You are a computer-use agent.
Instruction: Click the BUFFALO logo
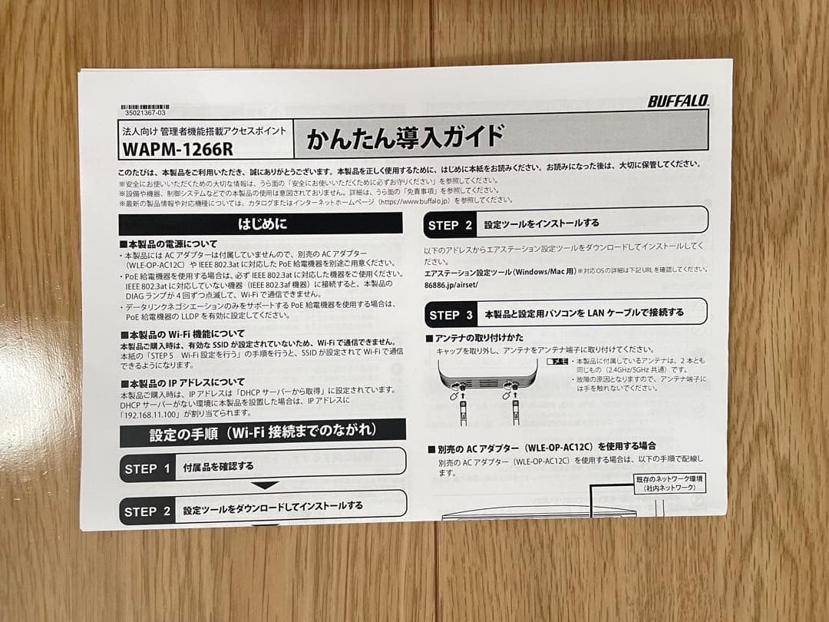tap(678, 101)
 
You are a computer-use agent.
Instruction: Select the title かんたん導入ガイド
tap(405, 137)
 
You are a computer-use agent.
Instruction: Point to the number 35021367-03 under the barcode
tap(144, 113)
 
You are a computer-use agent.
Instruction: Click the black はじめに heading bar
tap(261, 223)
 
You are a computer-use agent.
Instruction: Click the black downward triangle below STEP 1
tap(265, 485)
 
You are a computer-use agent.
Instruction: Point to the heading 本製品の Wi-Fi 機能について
tap(183, 333)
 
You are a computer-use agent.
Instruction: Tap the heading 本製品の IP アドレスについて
tap(183, 382)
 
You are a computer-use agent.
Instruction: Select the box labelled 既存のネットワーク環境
tap(669, 483)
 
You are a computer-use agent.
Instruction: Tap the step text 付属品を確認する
tap(218, 466)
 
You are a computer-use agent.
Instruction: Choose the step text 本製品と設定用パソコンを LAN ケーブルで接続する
tap(583, 313)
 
